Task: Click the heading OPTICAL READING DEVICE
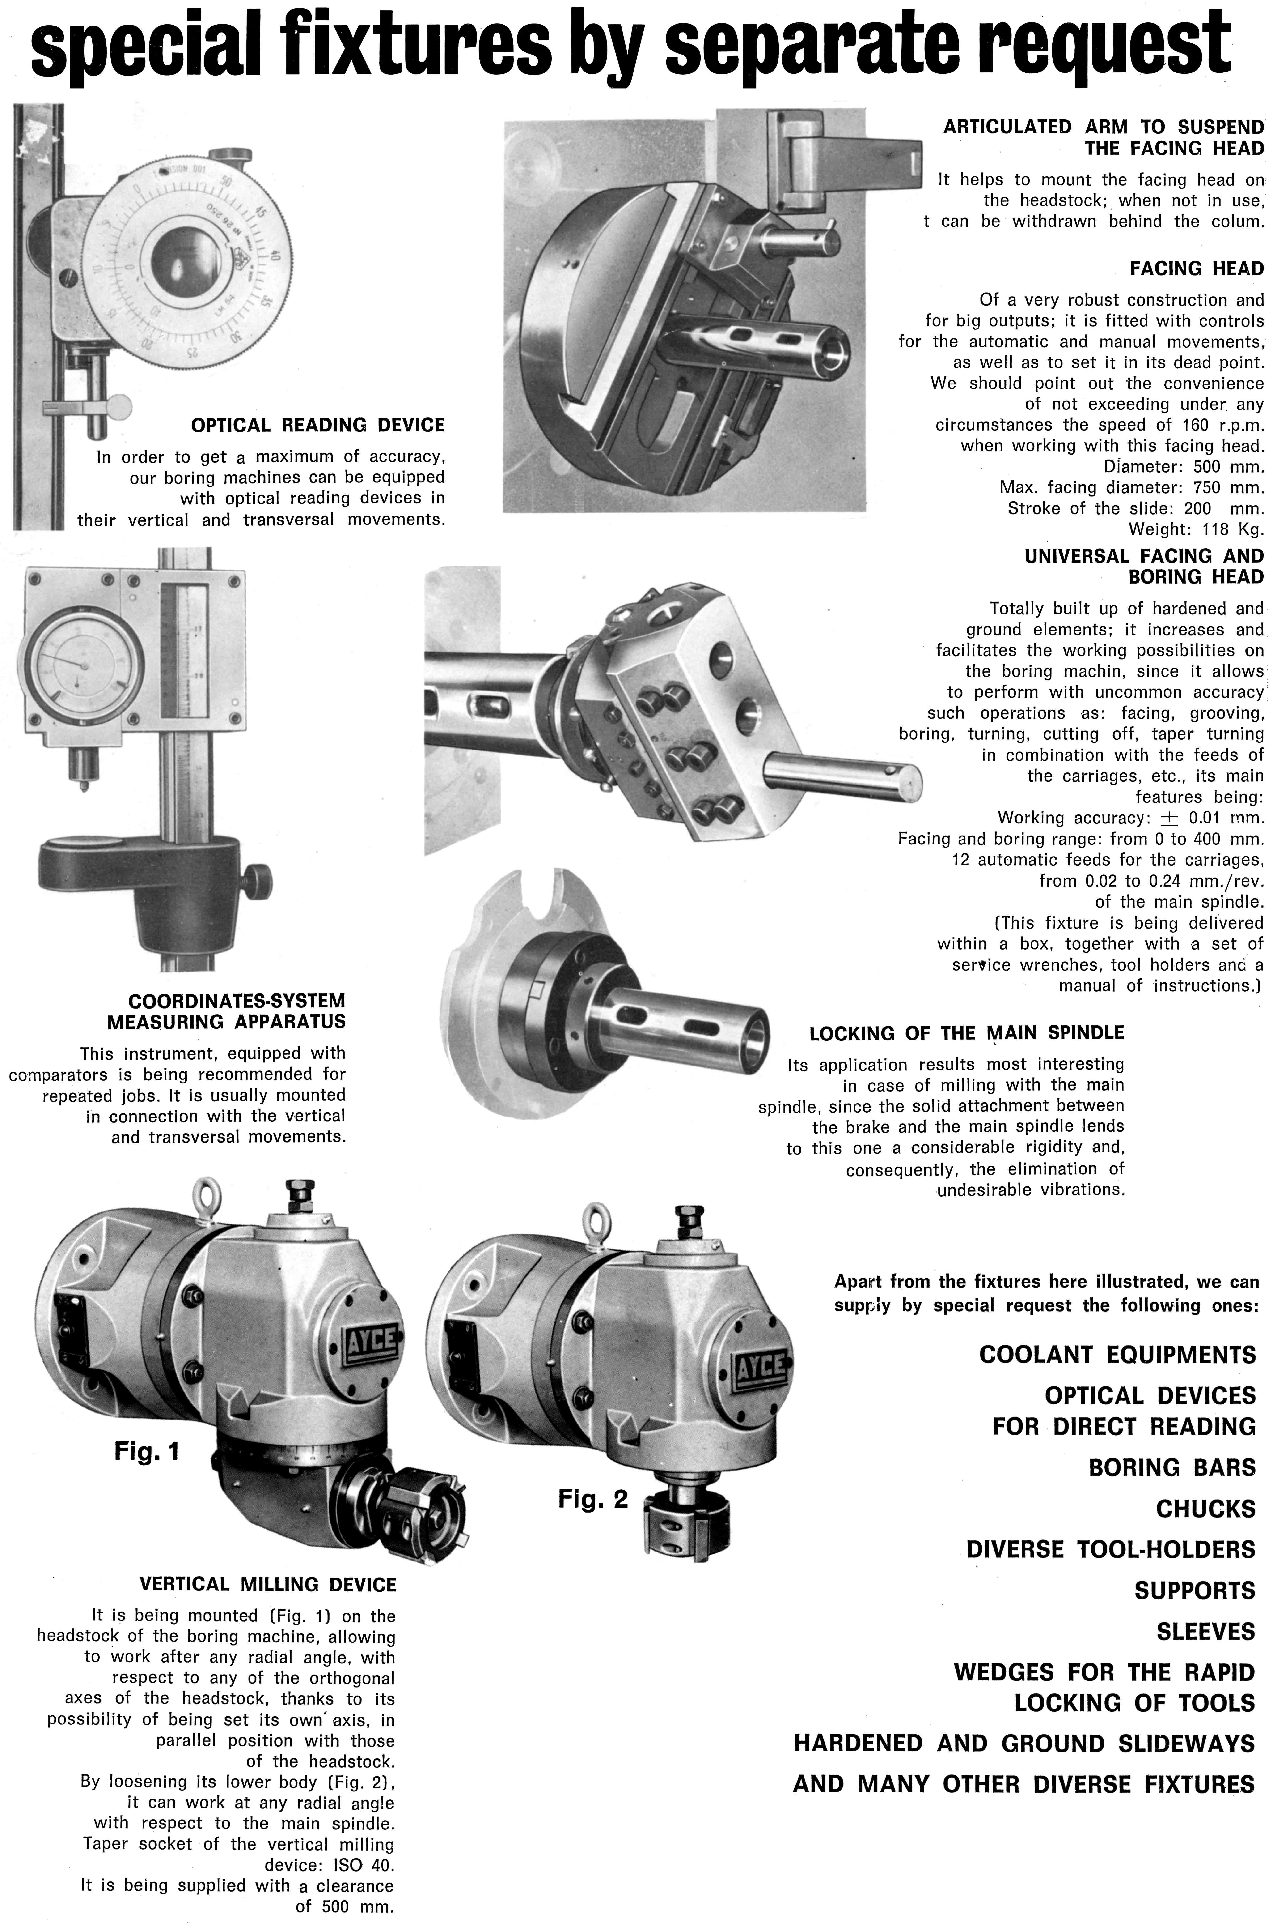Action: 317,426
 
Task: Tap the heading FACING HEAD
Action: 1197,269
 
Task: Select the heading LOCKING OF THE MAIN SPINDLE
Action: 966,1033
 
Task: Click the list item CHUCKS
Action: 1206,1509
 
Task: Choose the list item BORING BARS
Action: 1171,1467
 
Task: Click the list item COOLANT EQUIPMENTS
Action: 1117,1355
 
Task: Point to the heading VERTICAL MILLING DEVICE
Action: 268,1584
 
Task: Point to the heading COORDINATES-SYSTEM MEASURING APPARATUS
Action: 226,1011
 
